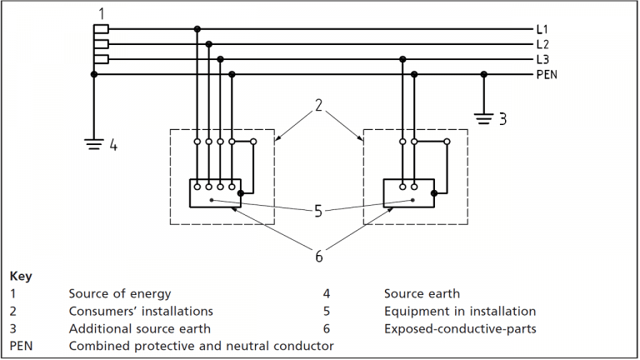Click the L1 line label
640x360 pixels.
542,29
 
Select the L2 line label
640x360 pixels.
542,44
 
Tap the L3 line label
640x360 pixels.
542,59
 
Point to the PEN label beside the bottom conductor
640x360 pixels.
547,74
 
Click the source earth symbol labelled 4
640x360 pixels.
93,142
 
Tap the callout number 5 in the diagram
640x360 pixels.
318,212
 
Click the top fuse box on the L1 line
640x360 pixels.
101,29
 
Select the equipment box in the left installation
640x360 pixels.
214,192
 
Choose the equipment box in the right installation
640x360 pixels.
407,192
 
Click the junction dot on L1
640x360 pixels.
197,29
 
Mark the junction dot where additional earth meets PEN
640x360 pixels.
483,74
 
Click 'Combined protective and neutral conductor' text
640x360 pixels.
201,346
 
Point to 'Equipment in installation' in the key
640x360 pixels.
459,311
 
